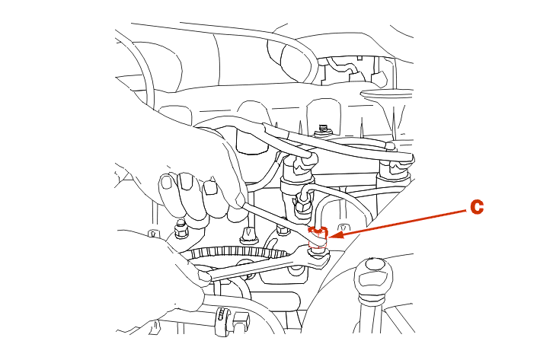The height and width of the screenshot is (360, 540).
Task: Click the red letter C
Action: (x=477, y=207)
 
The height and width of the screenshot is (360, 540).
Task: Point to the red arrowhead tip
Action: (x=328, y=237)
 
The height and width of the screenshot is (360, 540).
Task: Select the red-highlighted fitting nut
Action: (x=318, y=237)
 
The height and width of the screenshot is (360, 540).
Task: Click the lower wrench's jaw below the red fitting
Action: (x=318, y=256)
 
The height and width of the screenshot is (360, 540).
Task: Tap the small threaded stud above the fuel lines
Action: (x=323, y=129)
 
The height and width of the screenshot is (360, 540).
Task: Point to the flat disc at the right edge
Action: (x=387, y=93)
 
